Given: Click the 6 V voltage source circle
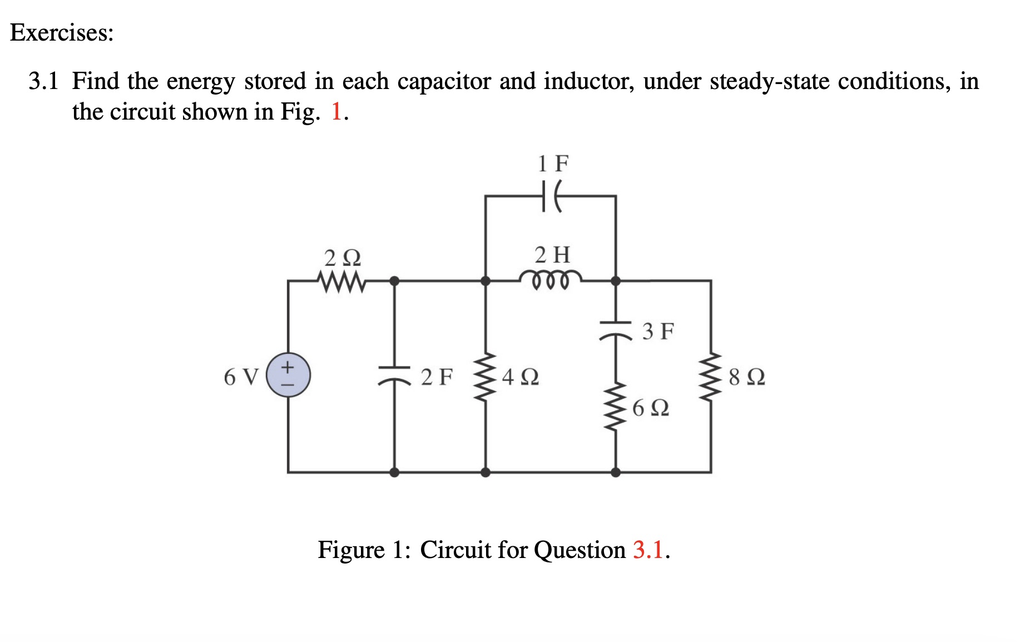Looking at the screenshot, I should pyautogui.click(x=288, y=375).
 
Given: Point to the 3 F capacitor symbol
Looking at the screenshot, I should pyautogui.click(x=615, y=329).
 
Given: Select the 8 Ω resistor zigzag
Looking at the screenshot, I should pyautogui.click(x=710, y=376).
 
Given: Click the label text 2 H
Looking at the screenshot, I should pyautogui.click(x=552, y=255).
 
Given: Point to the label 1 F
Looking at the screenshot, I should pyautogui.click(x=553, y=164).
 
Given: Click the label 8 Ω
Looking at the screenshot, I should pyautogui.click(x=746, y=377).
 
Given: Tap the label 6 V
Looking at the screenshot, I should pyautogui.click(x=241, y=377).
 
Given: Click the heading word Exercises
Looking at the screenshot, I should pyautogui.click(x=61, y=33).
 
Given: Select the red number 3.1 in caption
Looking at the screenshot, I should pyautogui.click(x=648, y=550).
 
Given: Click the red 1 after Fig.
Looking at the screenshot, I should pyautogui.click(x=336, y=112).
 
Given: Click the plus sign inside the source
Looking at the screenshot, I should pyautogui.click(x=288, y=367).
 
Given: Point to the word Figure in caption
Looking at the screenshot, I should pyautogui.click(x=350, y=550).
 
